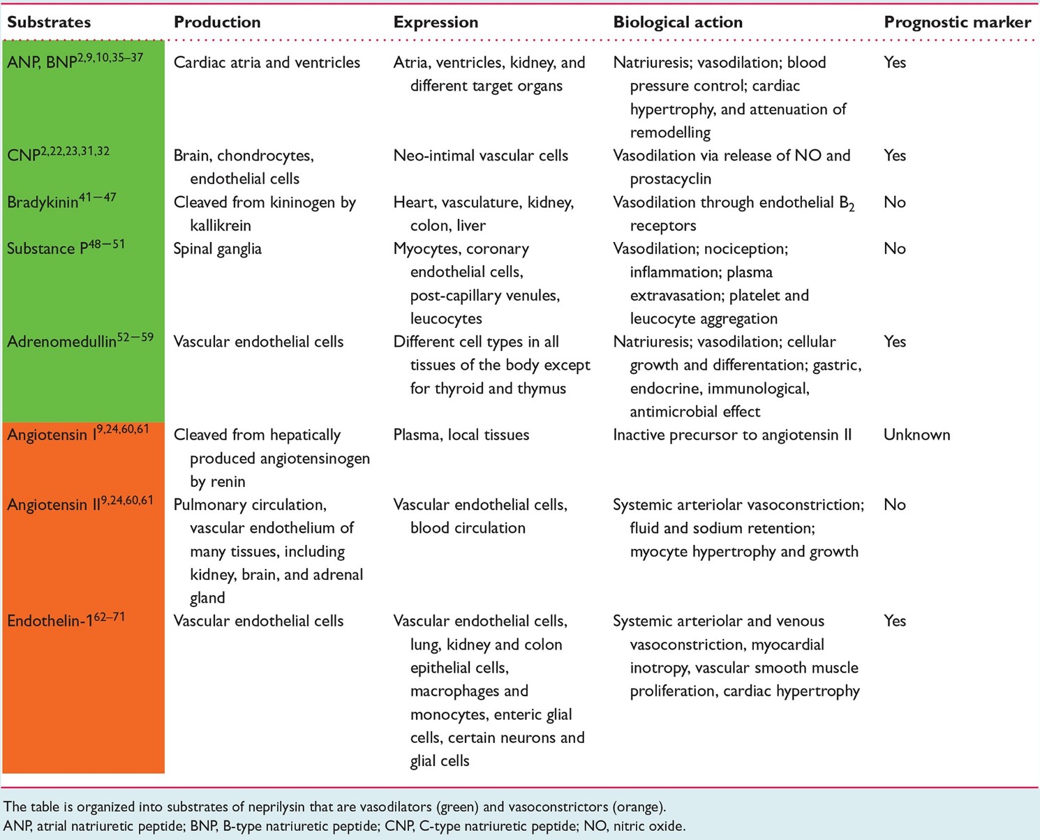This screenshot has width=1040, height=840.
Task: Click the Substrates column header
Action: point(49,22)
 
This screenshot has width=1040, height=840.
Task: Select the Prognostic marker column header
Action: point(958,22)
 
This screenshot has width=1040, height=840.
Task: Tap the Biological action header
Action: point(678,22)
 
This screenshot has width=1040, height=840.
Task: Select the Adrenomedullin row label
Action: point(80,340)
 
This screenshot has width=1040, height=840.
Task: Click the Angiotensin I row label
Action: point(78,433)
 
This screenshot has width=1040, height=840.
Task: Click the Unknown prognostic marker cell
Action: point(916,435)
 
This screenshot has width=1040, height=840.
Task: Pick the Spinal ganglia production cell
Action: point(218,249)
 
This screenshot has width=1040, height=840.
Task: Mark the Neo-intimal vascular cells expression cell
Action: point(480,155)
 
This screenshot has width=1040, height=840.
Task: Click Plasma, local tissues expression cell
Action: point(461,435)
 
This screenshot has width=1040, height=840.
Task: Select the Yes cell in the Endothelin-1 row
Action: point(895,621)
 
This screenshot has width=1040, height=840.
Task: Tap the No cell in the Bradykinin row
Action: point(895,202)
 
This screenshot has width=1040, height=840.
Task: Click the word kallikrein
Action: point(220,225)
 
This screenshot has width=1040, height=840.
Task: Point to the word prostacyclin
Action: point(670,179)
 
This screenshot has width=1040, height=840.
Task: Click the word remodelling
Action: point(670,133)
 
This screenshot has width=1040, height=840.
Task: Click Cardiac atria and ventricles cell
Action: point(267,62)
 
